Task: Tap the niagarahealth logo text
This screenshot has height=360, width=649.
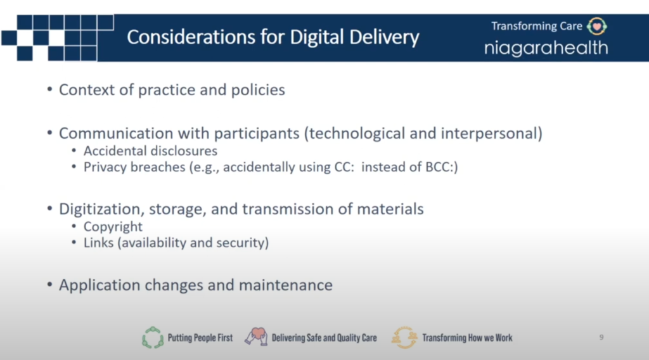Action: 546,48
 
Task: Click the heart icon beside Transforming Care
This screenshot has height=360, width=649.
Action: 597,27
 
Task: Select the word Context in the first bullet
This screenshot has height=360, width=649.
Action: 86,90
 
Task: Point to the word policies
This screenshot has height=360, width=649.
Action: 258,90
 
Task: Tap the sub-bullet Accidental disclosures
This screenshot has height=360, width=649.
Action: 150,151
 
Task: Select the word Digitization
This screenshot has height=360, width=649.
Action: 101,209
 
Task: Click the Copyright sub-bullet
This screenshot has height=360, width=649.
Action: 113,227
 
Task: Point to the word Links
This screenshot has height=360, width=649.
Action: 98,243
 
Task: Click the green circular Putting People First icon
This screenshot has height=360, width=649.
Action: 153,338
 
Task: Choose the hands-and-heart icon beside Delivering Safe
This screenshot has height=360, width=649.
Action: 256,337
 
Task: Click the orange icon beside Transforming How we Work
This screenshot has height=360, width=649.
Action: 404,338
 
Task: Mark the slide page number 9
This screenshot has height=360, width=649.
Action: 601,338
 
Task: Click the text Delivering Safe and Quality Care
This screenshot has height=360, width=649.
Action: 324,338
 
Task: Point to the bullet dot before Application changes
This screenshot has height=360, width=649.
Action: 49,285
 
